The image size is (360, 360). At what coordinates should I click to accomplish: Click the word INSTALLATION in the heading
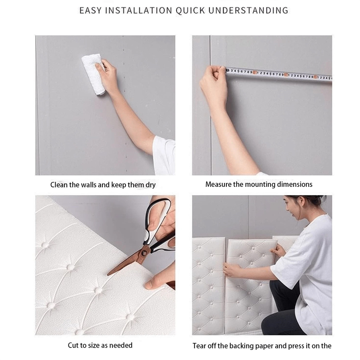pyautogui.click(x=138, y=10)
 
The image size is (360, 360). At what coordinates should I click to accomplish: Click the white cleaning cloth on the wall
pyautogui.click(x=94, y=74)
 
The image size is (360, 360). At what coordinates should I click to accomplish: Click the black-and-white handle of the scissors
pyautogui.click(x=160, y=224)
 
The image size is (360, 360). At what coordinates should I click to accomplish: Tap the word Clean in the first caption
pyautogui.click(x=59, y=185)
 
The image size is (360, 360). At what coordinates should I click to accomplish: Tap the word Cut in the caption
pyautogui.click(x=73, y=345)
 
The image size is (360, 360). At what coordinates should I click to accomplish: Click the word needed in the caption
pyautogui.click(x=122, y=345)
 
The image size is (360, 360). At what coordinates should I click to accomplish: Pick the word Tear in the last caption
pyautogui.click(x=200, y=346)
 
